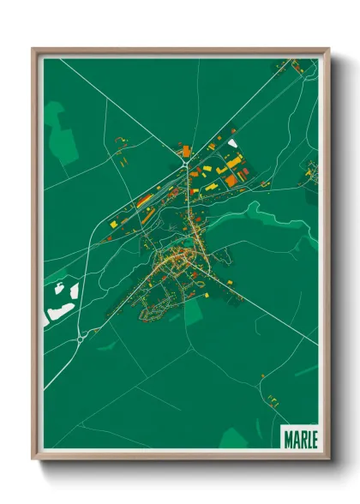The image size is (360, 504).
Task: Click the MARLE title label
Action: (x=299, y=438)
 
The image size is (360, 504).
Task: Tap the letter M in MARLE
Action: (x=287, y=438)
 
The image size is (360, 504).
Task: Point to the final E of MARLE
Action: (x=312, y=438)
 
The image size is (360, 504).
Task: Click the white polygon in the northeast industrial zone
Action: (x=232, y=142)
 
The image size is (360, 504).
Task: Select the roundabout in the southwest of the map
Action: (x=80, y=339)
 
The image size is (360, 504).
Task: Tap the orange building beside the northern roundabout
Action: (x=186, y=152)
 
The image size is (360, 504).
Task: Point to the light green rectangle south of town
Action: (x=194, y=313)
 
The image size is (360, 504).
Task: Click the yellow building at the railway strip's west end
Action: (x=113, y=224)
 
